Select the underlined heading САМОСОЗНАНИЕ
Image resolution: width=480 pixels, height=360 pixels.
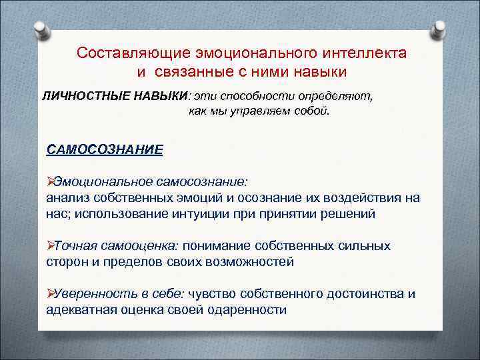(104, 149)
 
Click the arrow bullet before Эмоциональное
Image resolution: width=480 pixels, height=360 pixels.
(51, 182)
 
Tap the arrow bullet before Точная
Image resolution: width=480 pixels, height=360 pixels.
(51, 246)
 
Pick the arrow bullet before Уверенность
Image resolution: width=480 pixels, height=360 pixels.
(51, 294)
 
